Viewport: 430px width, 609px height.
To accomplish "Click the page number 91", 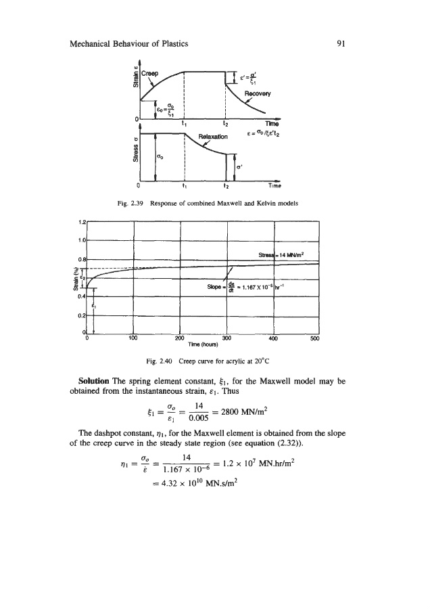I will coord(341,44).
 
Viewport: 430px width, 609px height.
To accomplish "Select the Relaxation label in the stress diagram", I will coord(214,143).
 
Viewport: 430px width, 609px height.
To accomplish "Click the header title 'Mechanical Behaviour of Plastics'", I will coord(128,44).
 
